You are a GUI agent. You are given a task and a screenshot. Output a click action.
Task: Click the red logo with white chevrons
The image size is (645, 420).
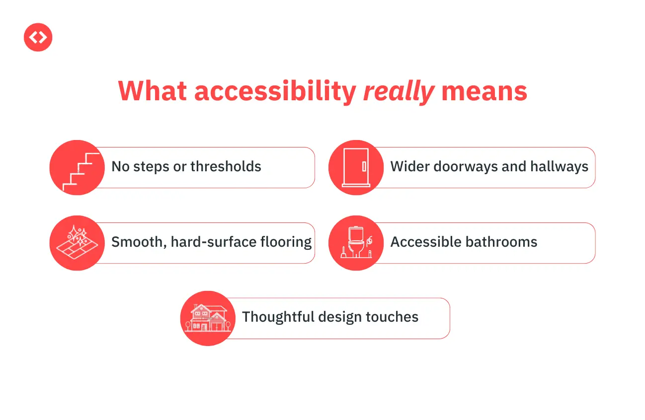point(38,37)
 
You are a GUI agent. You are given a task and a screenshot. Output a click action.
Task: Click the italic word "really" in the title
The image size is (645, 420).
point(399,92)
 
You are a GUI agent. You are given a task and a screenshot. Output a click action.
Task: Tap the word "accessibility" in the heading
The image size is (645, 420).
point(275,92)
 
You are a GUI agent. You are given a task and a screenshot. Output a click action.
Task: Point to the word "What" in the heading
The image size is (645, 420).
point(153,91)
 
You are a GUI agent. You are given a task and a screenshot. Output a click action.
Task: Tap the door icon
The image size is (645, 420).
point(356,167)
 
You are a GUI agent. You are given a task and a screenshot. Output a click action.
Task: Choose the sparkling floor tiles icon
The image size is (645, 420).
point(77,243)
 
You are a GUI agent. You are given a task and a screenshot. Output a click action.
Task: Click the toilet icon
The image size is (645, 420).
point(356,243)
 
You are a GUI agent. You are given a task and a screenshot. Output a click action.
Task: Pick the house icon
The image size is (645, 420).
point(208,318)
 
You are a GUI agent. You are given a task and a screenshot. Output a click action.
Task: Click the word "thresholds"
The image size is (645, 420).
point(226,166)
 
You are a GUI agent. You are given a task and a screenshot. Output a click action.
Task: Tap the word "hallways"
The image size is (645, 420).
point(559,167)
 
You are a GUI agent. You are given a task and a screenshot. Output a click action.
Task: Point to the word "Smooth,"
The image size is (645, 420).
point(139,242)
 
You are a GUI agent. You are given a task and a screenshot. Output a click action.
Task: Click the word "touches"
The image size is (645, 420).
point(392,317)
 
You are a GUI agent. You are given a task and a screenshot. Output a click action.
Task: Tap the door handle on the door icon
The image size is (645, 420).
point(364,167)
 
